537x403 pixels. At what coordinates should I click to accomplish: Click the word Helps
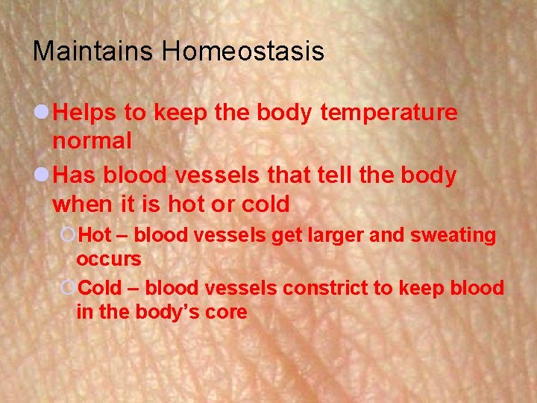click(x=86, y=113)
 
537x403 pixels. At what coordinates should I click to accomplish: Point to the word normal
click(x=92, y=140)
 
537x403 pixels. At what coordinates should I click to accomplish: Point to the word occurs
click(x=108, y=259)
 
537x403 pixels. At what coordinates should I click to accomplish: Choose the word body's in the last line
click(x=169, y=312)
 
